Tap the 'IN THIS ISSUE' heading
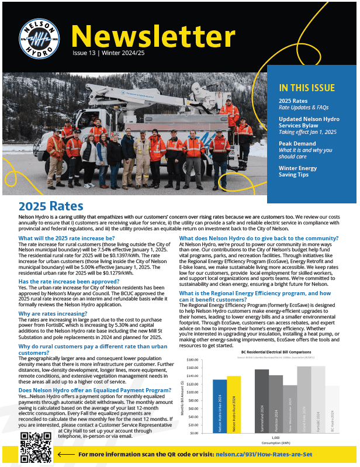pos(307,88)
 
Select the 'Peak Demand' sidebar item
pos(297,143)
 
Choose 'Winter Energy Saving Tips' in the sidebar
pos(297,172)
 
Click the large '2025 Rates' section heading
pos(51,206)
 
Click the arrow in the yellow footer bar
pos(67,454)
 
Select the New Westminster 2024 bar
pos(290,409)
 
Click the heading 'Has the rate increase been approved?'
pos(69,281)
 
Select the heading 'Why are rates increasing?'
pos(51,314)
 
